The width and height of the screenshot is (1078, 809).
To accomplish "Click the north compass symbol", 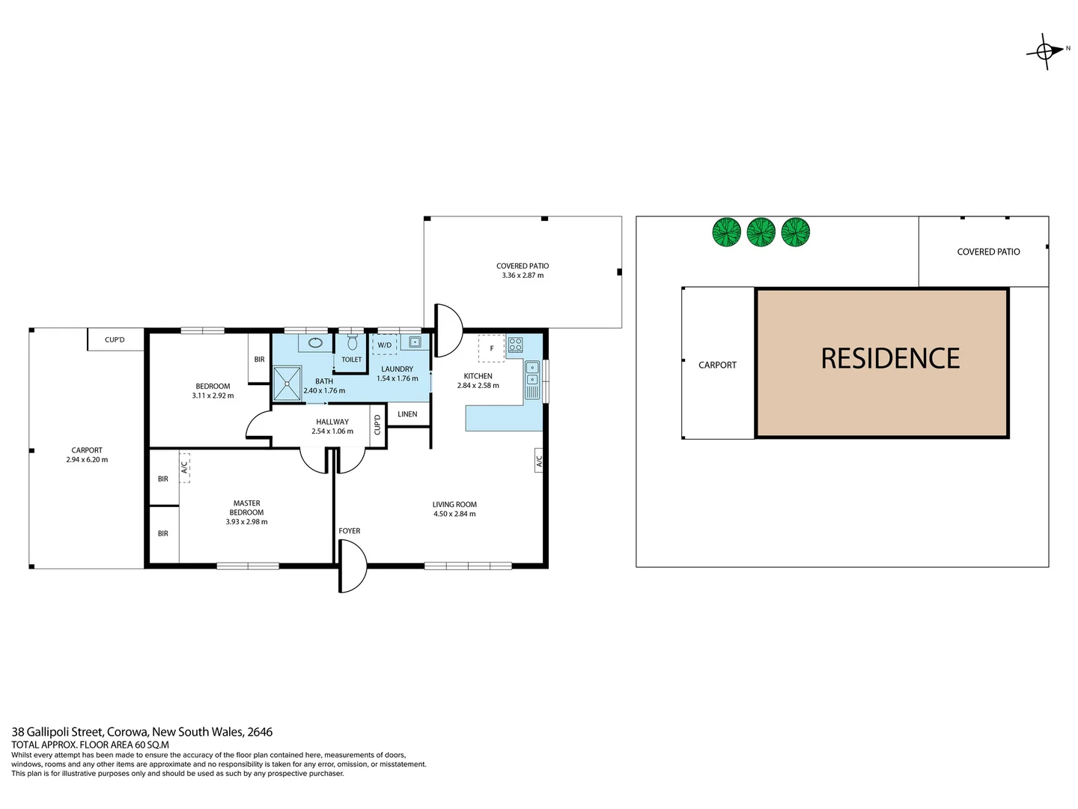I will coord(1045,51).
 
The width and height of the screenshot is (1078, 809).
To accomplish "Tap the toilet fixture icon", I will coord(352,344).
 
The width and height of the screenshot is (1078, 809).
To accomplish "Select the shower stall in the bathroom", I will coord(287,383).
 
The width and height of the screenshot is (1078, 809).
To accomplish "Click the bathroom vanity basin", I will coord(316,343).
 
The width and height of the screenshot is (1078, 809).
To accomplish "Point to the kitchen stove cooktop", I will coord(515,345).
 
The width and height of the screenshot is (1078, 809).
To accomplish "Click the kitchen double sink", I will coord(532,380).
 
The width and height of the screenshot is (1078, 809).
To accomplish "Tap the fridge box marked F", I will coord(491,348).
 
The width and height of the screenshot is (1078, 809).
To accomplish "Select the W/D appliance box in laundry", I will coord(384,345).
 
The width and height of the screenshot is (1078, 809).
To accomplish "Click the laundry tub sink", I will coord(415,342).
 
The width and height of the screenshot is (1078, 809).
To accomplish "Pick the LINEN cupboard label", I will coord(407,414).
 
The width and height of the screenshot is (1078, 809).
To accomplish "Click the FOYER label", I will coord(349,531).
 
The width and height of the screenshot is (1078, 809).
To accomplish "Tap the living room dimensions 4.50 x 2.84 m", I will coord(454,514).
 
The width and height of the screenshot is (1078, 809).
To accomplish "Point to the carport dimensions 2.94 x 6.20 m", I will coord(87,460).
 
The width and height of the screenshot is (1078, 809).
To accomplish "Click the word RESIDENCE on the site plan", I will coord(890,359).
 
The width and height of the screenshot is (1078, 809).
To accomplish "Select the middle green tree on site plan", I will coord(761,232).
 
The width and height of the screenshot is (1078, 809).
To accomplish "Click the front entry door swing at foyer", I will coord(353,567).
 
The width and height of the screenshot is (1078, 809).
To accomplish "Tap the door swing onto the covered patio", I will coord(448,330).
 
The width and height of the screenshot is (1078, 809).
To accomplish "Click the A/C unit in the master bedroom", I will coord(184,467).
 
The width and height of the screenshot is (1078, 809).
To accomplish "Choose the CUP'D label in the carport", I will coord(115,340).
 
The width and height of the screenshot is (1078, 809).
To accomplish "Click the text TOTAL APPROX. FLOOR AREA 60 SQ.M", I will coord(90,745).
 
